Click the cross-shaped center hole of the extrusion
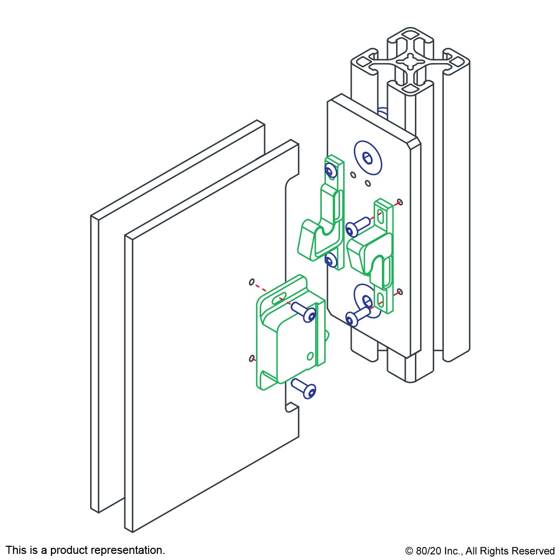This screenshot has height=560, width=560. click(x=411, y=62)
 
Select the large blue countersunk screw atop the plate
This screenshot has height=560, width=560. click(x=368, y=157)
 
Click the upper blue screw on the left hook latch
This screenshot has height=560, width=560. click(x=331, y=171)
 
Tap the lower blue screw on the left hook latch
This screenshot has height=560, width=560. click(x=331, y=260)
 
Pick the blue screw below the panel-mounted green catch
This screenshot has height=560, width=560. click(x=304, y=388)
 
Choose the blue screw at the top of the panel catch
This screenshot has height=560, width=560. click(x=304, y=312)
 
